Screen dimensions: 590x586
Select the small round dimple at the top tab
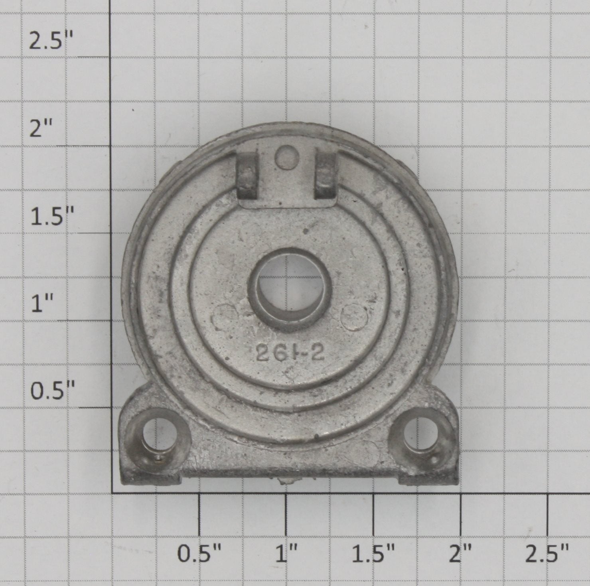pyautogui.click(x=286, y=156)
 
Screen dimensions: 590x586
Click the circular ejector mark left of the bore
pyautogui.click(x=225, y=317)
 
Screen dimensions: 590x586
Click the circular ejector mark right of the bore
pyautogui.click(x=355, y=316)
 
